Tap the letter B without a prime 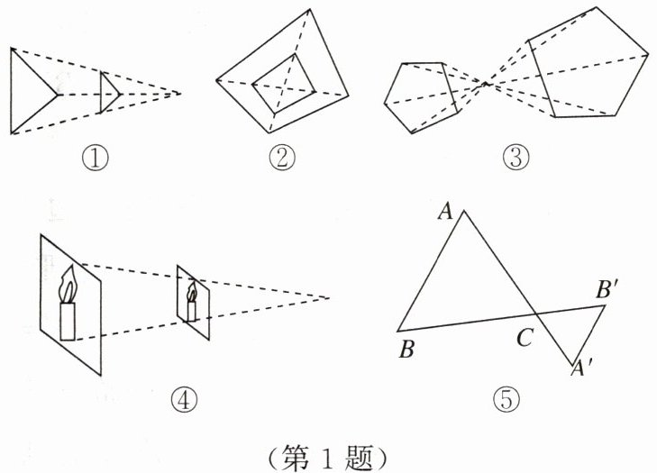point(406,350)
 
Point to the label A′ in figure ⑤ point(579,368)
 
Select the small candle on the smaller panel point(191,303)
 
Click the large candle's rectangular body point(68,322)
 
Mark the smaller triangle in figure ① point(108,92)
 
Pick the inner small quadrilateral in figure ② point(283,83)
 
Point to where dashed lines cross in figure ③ point(487,84)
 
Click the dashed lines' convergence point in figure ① point(180,93)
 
